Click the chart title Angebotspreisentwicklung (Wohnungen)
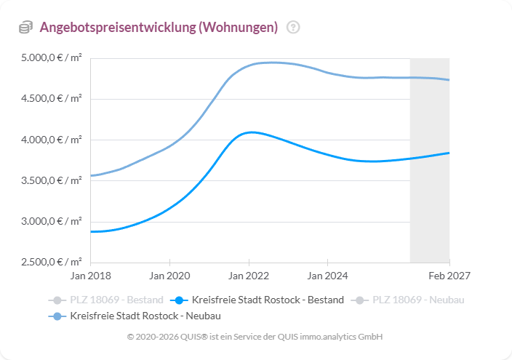(x=159, y=28)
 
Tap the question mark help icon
(x=293, y=28)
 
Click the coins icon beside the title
(x=26, y=28)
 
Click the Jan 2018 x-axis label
(x=90, y=276)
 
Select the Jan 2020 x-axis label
(x=169, y=276)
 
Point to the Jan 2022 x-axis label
(x=249, y=276)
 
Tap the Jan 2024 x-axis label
(x=328, y=276)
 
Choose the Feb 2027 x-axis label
(x=449, y=276)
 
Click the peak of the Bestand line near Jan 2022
(x=250, y=132)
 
